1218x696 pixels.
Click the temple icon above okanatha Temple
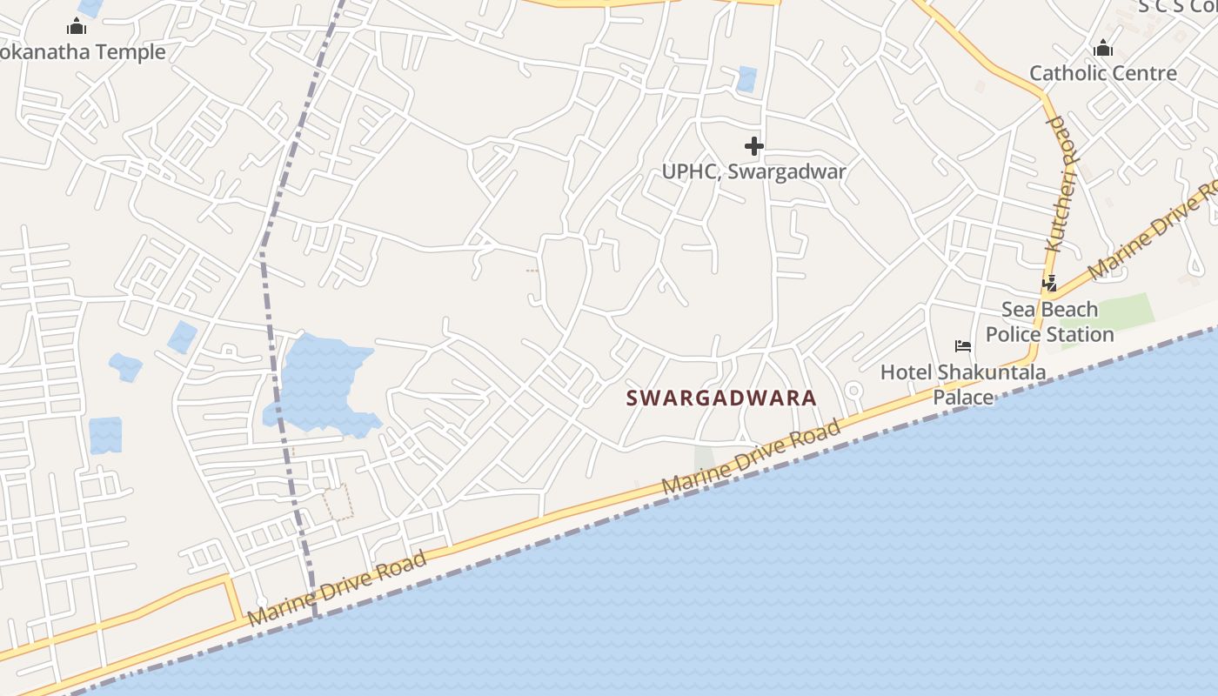[x=77, y=28]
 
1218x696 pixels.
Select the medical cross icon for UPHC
[x=754, y=146]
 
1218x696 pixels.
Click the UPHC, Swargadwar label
[x=753, y=171]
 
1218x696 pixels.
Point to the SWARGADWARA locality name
[x=721, y=398]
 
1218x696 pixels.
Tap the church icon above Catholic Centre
[x=1103, y=49]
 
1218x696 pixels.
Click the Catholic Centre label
[x=1103, y=73]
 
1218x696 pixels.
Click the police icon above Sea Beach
[x=1050, y=284]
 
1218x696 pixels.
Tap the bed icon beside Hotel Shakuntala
[x=963, y=346]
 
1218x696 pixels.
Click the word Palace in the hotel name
[x=963, y=398]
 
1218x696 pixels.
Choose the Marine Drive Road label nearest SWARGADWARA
[x=752, y=457]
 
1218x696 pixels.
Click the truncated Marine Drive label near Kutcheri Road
[x=1153, y=229]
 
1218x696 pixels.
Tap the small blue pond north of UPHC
[x=746, y=79]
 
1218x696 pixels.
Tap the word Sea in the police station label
[x=1018, y=310]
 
